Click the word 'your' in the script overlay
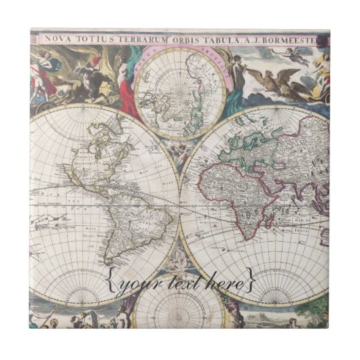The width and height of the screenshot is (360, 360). point(137,280)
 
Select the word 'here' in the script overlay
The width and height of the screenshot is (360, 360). point(223,279)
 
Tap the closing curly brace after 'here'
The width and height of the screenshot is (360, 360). point(251,279)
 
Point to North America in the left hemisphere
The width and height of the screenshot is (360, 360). point(95,153)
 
